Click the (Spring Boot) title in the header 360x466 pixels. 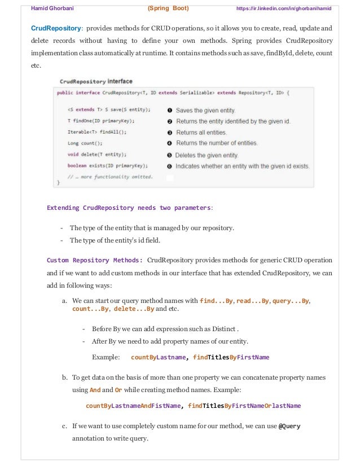[168, 8]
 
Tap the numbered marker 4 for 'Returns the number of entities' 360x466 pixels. [169, 143]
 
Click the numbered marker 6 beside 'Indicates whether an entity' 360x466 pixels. [169, 166]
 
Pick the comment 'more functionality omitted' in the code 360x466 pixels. [110, 177]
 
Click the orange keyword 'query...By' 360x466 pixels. [291, 301]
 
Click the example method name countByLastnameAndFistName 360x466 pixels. [133, 406]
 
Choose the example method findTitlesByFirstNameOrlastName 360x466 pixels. [244, 406]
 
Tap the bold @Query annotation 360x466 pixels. [290, 426]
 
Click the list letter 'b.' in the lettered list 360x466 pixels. [65, 377]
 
